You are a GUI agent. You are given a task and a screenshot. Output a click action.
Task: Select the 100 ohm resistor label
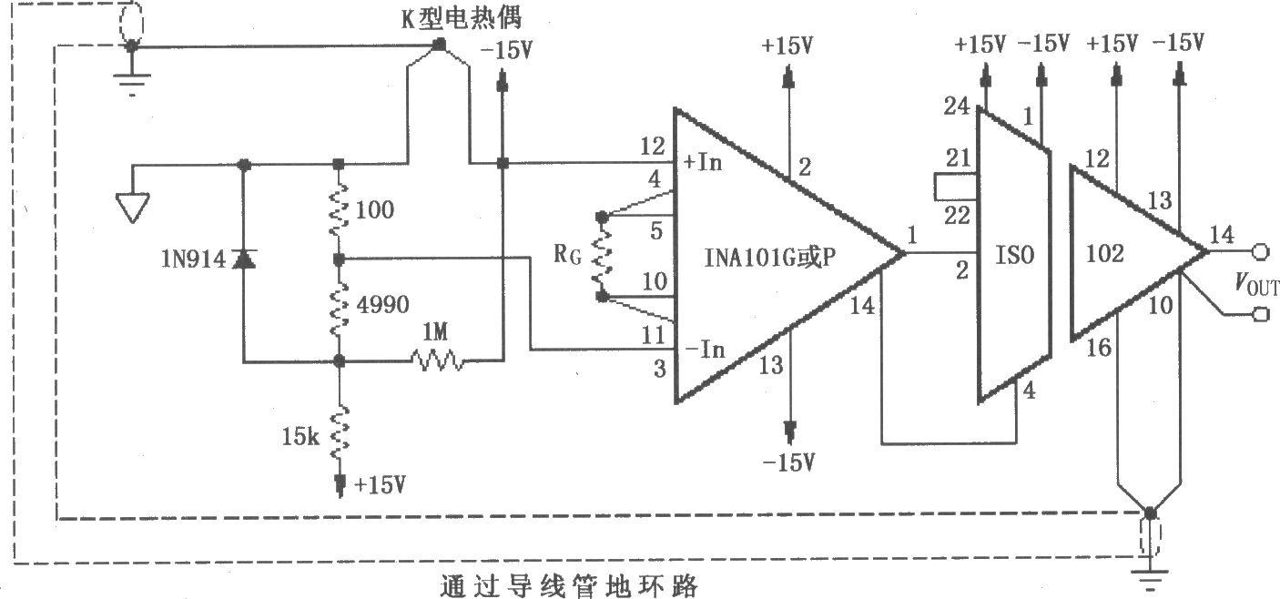375,211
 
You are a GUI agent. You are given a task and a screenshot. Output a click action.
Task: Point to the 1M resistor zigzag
438,361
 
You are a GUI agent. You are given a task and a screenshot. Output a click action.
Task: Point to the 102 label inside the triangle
1106,253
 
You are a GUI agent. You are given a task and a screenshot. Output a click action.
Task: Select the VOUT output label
1255,288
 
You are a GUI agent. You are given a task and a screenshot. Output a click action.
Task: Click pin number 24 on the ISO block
954,106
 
